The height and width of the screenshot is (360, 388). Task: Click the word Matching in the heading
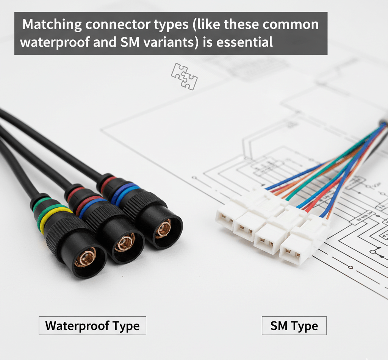click(52, 25)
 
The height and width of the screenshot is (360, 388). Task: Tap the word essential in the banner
click(244, 42)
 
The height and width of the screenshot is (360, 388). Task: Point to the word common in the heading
click(291, 25)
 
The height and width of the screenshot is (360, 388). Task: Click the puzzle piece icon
click(185, 76)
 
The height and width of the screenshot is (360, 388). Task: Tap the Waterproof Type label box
click(92, 326)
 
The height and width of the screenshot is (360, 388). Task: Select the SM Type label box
click(294, 326)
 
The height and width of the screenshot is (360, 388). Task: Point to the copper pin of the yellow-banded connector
click(85, 257)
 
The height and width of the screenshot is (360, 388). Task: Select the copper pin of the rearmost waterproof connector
click(163, 229)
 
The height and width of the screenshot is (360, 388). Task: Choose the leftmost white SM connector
click(232, 216)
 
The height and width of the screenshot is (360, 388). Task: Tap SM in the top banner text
click(130, 42)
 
